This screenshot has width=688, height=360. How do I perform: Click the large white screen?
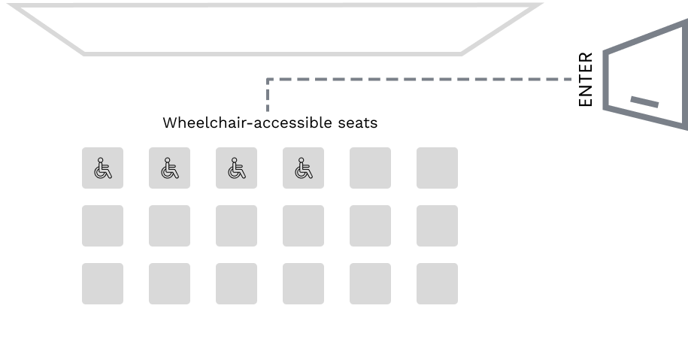tap(275, 28)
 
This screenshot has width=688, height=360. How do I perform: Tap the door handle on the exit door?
tap(644, 101)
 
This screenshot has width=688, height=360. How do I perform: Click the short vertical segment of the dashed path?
tap(268, 95)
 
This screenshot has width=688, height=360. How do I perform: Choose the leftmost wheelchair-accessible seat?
tap(102, 168)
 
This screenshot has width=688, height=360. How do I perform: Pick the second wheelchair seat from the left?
tap(169, 168)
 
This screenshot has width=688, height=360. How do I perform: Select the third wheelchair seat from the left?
tap(236, 168)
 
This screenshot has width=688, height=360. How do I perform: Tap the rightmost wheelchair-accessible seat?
tap(303, 168)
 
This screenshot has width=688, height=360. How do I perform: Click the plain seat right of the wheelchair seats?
tap(370, 168)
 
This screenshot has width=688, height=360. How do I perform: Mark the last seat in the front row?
tap(437, 168)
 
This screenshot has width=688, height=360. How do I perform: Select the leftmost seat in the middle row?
tap(102, 225)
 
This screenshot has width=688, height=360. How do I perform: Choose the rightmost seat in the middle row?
tap(437, 225)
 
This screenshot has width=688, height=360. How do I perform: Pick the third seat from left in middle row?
tap(236, 225)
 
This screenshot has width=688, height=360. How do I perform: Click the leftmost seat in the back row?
tap(102, 283)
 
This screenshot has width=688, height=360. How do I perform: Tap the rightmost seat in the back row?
tap(437, 283)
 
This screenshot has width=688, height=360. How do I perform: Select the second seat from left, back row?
tap(169, 283)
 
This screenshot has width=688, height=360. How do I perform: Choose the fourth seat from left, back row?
tap(303, 283)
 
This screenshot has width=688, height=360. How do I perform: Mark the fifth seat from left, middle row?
tap(370, 225)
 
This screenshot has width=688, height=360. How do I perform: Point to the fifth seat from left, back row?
tap(370, 283)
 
